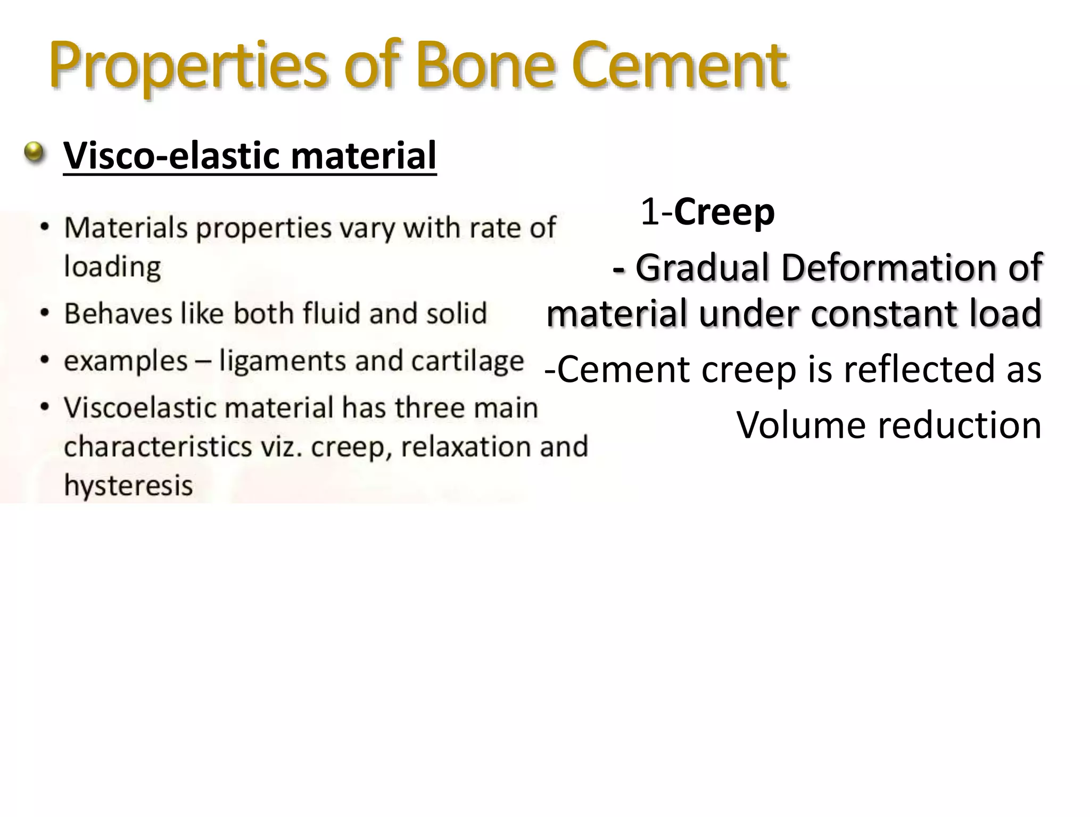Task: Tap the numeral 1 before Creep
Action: pyautogui.click(x=649, y=212)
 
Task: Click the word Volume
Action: pyautogui.click(x=802, y=426)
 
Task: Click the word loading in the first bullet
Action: pyautogui.click(x=112, y=267)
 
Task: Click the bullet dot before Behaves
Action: pyautogui.click(x=46, y=313)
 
